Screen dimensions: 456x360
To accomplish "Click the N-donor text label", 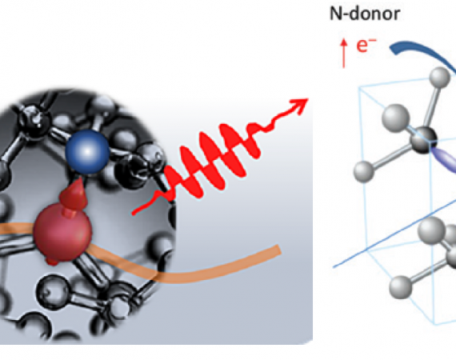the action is point(365,14).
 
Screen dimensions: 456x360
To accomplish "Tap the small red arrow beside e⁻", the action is point(344,54).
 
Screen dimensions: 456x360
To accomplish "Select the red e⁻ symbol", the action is point(366,45).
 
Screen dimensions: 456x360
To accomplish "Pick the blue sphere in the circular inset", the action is point(87,151).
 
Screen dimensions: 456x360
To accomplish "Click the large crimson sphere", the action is point(62,232).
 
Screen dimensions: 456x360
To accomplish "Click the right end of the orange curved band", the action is point(279,250).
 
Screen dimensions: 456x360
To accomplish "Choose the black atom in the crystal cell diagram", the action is point(424,140).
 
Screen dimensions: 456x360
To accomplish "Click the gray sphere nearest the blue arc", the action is point(439,77).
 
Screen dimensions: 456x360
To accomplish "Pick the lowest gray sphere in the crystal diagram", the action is point(400,287).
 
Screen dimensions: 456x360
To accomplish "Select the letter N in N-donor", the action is point(336,14).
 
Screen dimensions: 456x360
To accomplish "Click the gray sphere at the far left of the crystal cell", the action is point(364,171).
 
